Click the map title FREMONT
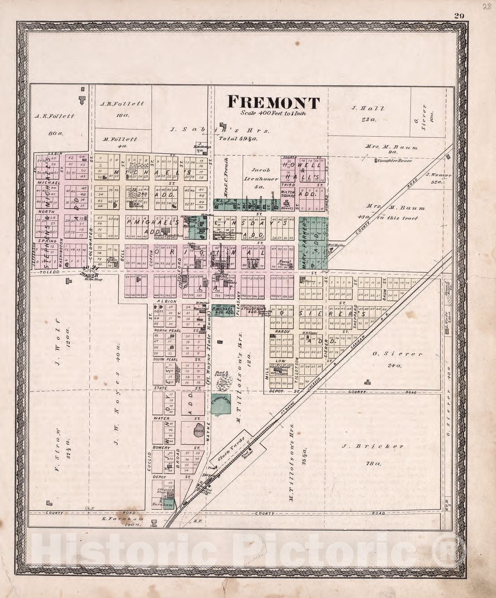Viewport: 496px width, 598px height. click(x=273, y=102)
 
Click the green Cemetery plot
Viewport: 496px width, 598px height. click(x=220, y=403)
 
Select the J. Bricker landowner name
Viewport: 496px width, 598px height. click(x=372, y=446)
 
